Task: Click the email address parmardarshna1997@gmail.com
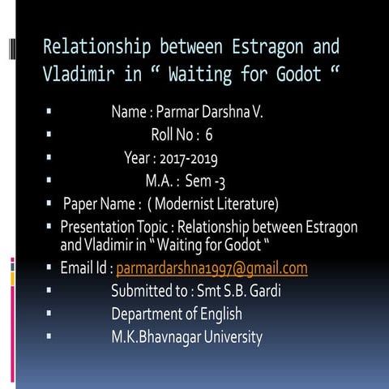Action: pos(212,268)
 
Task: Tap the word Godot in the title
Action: pos(293,75)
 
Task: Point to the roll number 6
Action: pos(209,135)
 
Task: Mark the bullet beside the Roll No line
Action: pos(50,135)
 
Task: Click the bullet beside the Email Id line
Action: pos(50,268)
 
